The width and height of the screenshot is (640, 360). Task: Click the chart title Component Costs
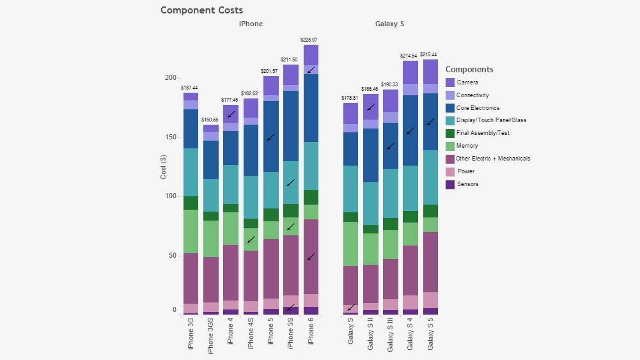click(x=201, y=10)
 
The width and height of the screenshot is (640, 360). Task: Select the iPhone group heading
click(x=251, y=24)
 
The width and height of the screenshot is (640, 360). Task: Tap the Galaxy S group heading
click(x=389, y=24)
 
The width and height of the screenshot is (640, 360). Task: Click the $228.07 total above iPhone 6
click(x=310, y=40)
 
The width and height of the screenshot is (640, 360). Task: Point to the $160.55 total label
click(x=210, y=120)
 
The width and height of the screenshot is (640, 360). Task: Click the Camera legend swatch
click(x=450, y=82)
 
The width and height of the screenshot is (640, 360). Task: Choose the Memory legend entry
click(x=467, y=146)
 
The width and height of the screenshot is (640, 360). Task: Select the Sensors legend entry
click(x=467, y=184)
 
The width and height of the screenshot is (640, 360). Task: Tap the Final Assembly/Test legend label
click(x=483, y=133)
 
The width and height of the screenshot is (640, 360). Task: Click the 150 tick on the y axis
click(x=170, y=137)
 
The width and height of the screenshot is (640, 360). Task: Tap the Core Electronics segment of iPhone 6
click(x=311, y=108)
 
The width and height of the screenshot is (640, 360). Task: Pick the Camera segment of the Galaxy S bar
click(x=350, y=113)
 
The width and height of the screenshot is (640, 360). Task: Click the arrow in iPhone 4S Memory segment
click(x=251, y=240)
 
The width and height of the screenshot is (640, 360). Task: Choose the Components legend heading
click(x=469, y=69)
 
